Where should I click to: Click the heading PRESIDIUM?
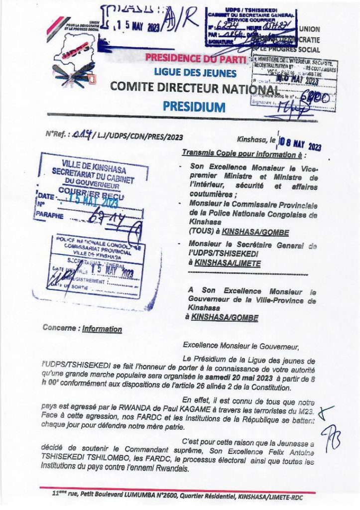coord(194,106)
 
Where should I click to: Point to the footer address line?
coord(177,497)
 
